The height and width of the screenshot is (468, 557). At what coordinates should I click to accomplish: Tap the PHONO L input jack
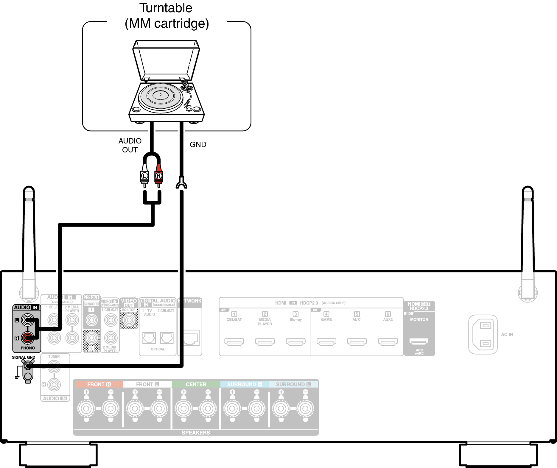pos(27,320)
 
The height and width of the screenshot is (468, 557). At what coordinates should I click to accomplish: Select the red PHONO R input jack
pos(27,338)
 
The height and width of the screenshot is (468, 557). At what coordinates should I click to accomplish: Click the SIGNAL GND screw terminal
pos(28,366)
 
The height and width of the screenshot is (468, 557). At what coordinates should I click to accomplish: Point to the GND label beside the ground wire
pos(198,144)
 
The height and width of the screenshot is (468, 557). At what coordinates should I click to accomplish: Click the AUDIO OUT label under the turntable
pos(130,145)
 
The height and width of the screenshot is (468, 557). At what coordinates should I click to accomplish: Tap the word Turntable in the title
pos(166,8)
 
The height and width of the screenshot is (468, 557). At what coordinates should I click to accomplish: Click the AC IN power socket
pos(483,335)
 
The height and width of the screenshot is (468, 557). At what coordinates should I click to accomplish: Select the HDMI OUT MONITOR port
pos(418,341)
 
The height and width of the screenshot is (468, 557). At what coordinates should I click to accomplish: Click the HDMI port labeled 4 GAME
pos(326,342)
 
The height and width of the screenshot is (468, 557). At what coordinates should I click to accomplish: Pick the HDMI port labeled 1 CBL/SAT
pos(234,342)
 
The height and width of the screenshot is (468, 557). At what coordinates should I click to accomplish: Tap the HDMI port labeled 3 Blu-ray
pos(295,342)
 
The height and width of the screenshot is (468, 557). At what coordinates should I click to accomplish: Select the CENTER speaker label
pos(196,384)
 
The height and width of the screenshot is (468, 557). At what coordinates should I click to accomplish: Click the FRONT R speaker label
pos(98,384)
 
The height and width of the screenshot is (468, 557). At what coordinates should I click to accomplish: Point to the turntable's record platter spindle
pos(161,94)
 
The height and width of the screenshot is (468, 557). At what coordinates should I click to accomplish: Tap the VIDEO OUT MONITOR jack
pos(129,320)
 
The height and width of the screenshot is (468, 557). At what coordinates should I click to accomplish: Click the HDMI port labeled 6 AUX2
pos(388,342)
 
